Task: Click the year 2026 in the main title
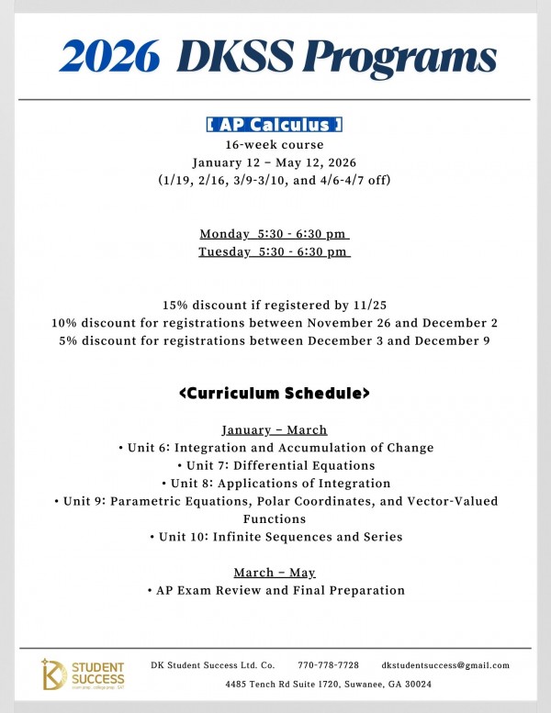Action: click(x=107, y=57)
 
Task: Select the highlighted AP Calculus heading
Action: click(x=275, y=125)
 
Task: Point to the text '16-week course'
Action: click(x=275, y=144)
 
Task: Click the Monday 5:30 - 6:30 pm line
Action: click(x=275, y=233)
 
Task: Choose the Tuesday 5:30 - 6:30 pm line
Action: click(x=275, y=251)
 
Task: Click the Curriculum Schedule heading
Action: click(x=275, y=394)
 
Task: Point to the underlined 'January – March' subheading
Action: click(x=275, y=429)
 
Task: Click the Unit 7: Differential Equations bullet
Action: click(x=275, y=465)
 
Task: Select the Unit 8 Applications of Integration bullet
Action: click(x=275, y=483)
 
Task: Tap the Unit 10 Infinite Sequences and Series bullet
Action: click(x=275, y=537)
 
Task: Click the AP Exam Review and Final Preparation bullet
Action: click(x=275, y=590)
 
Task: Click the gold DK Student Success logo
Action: click(x=83, y=674)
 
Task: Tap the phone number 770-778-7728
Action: click(x=328, y=664)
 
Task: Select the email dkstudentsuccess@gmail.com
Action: click(x=445, y=664)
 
